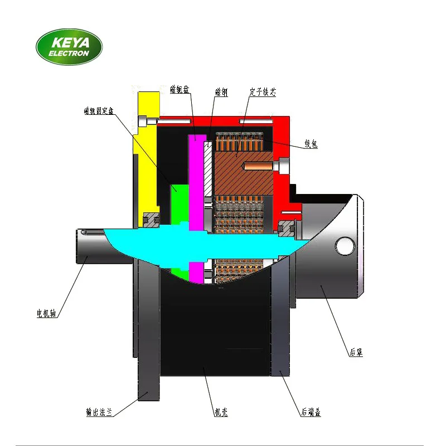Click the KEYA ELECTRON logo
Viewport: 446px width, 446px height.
(x=69, y=47)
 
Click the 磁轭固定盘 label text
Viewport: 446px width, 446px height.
(x=99, y=111)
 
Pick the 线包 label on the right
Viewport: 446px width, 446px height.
(x=311, y=144)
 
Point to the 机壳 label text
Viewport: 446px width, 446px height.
(x=221, y=413)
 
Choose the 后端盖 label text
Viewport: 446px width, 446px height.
(x=310, y=413)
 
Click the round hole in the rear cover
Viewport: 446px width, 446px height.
(x=345, y=245)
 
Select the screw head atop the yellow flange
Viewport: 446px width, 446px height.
(x=147, y=120)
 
